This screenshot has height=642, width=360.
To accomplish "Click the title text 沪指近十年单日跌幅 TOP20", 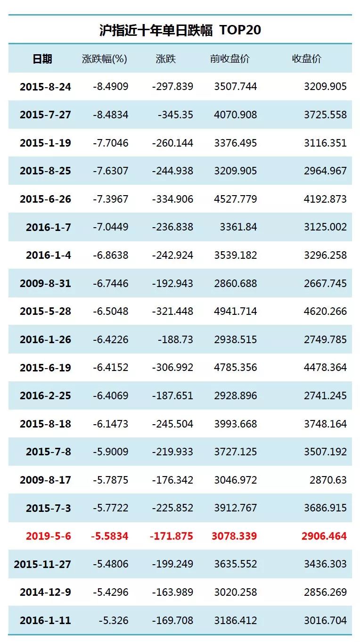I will point(180,30).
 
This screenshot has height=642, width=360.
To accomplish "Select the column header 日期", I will point(42,59).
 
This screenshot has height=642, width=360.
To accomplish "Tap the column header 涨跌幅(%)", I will point(105,59).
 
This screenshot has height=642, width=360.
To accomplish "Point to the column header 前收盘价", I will point(230,59).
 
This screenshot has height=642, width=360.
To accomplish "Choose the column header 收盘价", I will point(307,59).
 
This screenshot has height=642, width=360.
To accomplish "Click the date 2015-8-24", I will point(45,87).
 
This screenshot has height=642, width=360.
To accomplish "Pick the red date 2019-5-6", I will point(49,536).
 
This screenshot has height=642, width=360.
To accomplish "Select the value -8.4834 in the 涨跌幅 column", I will point(111,115).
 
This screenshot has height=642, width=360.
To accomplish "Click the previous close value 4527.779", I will point(236,199).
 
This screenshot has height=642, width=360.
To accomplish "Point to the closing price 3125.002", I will point(325,227).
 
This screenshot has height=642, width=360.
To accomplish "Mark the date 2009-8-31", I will point(45,283).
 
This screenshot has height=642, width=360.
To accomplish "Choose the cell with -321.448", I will point(172,311).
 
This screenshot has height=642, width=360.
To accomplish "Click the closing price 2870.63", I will point(328,480).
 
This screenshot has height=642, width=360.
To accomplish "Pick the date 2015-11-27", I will point(42,564).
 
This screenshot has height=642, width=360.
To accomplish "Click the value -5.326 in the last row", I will point(114,620).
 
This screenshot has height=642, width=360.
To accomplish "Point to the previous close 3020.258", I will point(236,592).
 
